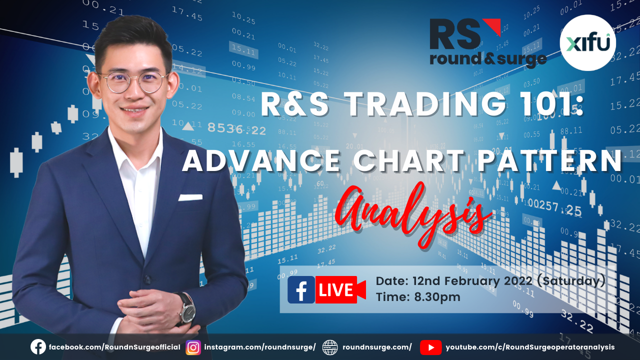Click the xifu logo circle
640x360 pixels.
point(587,43)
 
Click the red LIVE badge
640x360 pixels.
point(340,289)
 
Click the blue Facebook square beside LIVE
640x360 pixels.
point(301,289)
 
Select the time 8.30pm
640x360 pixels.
point(437,297)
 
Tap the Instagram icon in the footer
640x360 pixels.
point(193,347)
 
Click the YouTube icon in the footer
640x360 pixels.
point(431,347)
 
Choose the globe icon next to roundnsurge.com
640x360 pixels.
point(330,347)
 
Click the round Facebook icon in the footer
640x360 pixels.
point(38,347)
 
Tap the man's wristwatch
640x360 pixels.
point(187,309)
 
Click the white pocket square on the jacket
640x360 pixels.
point(190,197)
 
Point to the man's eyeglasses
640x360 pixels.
point(133,82)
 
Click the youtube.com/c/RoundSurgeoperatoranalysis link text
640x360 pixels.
point(530,347)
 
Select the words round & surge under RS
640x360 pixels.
point(488,59)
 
